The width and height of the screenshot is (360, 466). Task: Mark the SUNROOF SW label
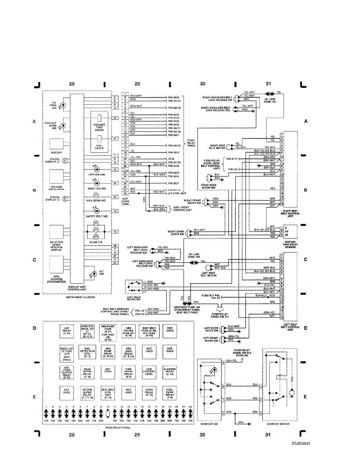pyautogui.click(x=212, y=424)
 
